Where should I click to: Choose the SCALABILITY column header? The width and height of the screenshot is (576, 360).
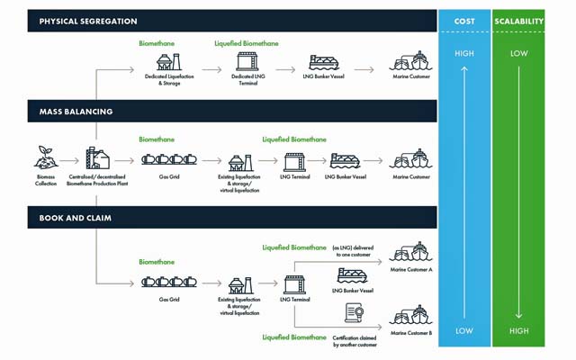click(x=519, y=21)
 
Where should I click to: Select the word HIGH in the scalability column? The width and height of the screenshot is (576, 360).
click(x=519, y=330)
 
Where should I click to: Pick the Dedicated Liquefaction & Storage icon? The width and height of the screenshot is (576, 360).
click(x=166, y=61)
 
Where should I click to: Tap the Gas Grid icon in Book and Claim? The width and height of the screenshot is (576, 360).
click(x=166, y=282)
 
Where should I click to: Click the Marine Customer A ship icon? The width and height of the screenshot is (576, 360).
click(x=410, y=252)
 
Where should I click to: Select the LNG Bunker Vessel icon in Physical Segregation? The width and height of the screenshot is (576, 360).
click(x=324, y=63)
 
